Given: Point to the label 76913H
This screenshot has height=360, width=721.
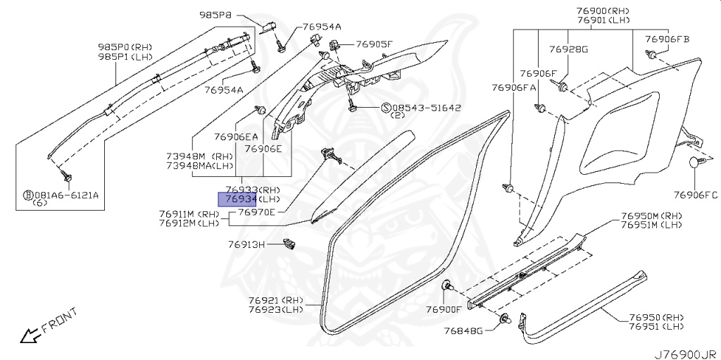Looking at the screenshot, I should point(246,244).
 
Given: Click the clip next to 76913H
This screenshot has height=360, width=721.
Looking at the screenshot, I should point(287,244).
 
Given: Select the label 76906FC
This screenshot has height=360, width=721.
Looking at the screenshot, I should point(695,194).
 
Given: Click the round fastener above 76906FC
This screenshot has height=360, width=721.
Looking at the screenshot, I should point(695,163).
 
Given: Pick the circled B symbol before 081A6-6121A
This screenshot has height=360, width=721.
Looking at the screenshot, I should point(27,194).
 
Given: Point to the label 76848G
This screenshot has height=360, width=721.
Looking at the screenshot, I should point(463,331).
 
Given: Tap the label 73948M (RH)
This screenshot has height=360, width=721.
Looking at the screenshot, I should point(199,156).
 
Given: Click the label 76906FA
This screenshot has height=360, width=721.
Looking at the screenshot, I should point(514,87).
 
